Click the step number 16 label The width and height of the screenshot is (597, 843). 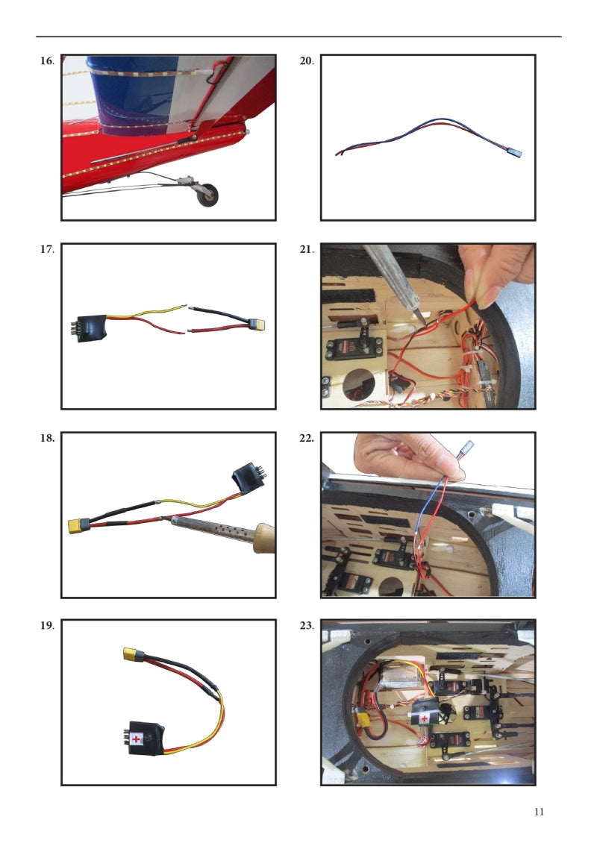point(47,60)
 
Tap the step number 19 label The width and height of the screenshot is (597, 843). point(47,625)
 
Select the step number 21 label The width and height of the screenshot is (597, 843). point(307,249)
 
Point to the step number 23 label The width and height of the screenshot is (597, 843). point(307,625)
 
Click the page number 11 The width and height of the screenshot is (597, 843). point(539,812)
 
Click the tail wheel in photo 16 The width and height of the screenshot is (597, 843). point(207,195)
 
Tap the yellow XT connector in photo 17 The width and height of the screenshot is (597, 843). point(257,325)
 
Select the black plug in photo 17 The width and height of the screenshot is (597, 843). point(90,328)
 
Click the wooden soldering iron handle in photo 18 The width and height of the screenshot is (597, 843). point(265,538)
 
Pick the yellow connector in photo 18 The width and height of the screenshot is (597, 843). point(78,525)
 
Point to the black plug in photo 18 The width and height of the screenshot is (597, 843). point(249,478)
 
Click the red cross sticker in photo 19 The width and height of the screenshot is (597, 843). point(136,739)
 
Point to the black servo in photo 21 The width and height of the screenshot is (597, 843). point(354,350)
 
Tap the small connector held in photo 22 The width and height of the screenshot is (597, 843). point(467,448)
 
